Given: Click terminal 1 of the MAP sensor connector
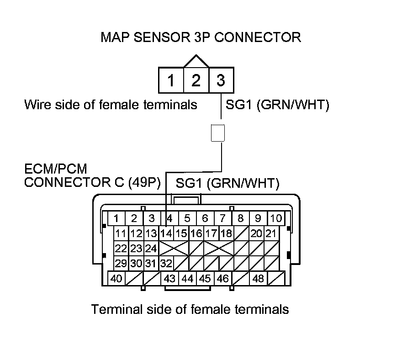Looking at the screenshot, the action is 171,80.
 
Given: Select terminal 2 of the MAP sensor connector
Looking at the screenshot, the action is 196,80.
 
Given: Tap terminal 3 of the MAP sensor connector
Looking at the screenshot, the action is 221,80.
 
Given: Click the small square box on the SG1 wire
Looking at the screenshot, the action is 217,133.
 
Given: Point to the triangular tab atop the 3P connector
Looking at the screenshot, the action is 196,62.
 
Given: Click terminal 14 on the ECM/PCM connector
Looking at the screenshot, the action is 166,233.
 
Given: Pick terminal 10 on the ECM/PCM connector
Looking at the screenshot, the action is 276,218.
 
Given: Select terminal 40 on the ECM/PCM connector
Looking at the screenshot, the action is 116,278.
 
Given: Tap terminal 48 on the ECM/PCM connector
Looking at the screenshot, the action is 258,278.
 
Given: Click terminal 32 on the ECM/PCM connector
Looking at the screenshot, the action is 166,263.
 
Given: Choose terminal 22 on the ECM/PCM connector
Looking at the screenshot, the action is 121,249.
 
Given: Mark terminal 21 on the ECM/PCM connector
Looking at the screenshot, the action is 271,233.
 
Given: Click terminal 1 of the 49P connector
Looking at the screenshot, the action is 116,218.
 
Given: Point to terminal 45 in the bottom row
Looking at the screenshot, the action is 205,278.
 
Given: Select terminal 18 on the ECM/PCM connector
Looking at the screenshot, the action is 227,233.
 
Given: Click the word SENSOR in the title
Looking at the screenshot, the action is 162,37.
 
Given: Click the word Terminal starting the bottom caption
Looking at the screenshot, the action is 117,309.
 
